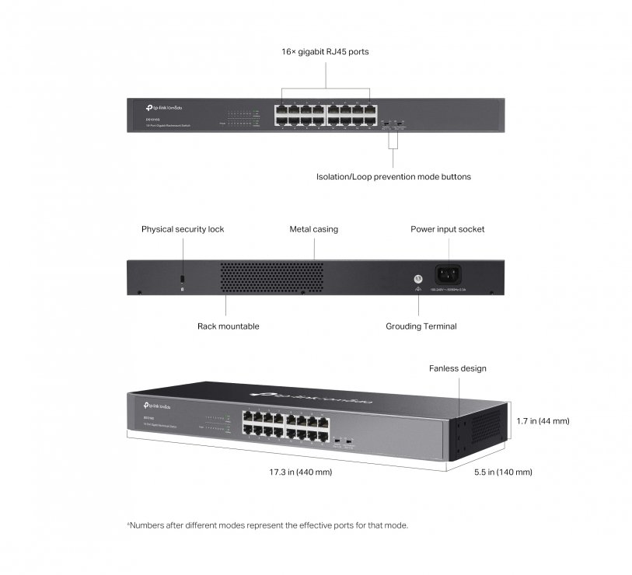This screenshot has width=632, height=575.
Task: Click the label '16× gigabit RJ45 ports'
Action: pos(325,52)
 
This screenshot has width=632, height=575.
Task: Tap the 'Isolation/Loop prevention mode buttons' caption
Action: pos(393,176)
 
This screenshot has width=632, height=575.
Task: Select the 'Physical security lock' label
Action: pos(183,229)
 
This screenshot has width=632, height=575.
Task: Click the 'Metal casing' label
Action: pos(314,229)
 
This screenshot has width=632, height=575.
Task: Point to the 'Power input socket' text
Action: pos(448,229)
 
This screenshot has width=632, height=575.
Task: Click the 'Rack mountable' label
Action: pos(228,326)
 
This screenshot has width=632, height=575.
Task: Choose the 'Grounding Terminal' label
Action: pos(421,326)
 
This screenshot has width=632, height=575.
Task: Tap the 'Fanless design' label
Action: pos(458,368)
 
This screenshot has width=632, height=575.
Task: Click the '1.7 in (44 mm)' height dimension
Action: pos(543,421)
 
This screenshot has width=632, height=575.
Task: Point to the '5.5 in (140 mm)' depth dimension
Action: pos(504,472)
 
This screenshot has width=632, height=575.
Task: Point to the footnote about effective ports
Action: pos(267,525)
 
